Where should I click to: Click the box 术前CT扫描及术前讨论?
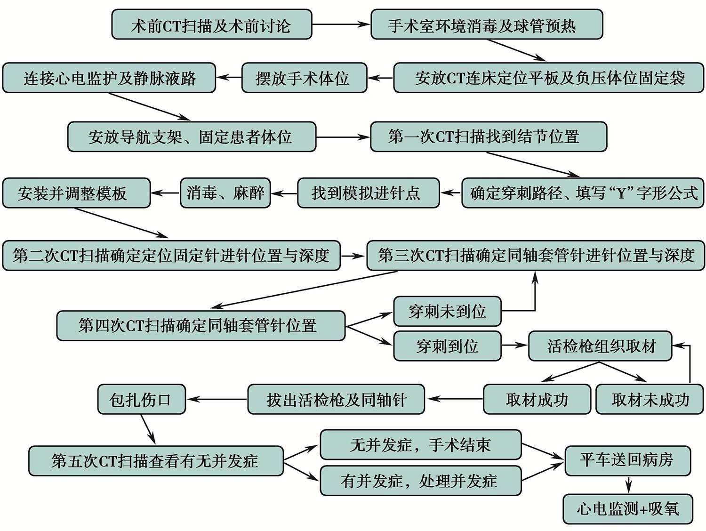211,24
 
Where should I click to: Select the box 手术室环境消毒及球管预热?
487,24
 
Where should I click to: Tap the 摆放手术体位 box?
304,78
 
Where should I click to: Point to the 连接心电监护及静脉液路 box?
109,78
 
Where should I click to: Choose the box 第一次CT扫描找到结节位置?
488,137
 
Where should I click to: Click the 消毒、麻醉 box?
225,193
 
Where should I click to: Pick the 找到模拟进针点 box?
368,193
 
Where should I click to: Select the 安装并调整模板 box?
76,193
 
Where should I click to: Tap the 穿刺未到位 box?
447,311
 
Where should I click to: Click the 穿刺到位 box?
447,346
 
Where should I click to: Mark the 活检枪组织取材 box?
600,346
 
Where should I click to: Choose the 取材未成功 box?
650,400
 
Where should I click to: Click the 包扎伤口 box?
141,400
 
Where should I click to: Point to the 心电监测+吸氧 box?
628,508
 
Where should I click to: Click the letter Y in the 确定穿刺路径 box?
621,193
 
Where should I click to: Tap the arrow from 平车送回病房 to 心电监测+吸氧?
628,484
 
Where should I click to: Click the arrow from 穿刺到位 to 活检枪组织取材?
514,346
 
